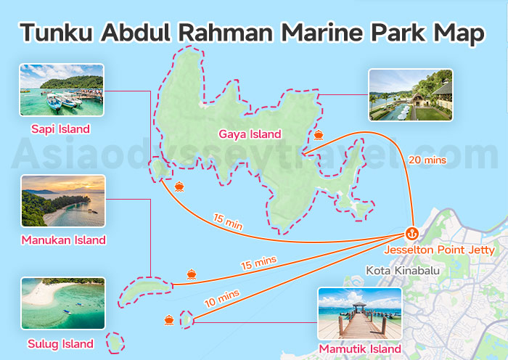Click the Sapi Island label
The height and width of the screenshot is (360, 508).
point(61,129)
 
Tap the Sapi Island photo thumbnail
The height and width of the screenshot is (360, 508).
point(62,91)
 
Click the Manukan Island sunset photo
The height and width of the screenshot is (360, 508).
point(63,201)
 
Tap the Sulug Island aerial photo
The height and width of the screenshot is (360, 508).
point(63,303)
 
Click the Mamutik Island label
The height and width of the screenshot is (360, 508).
point(360,350)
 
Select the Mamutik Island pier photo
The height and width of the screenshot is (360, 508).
point(360,314)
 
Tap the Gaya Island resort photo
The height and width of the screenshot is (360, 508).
point(411,94)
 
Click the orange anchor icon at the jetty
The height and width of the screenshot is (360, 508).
point(411,234)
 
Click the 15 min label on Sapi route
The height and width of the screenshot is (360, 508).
point(228,222)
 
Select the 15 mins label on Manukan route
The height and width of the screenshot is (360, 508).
point(258,263)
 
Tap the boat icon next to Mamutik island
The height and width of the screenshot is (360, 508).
point(169,319)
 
